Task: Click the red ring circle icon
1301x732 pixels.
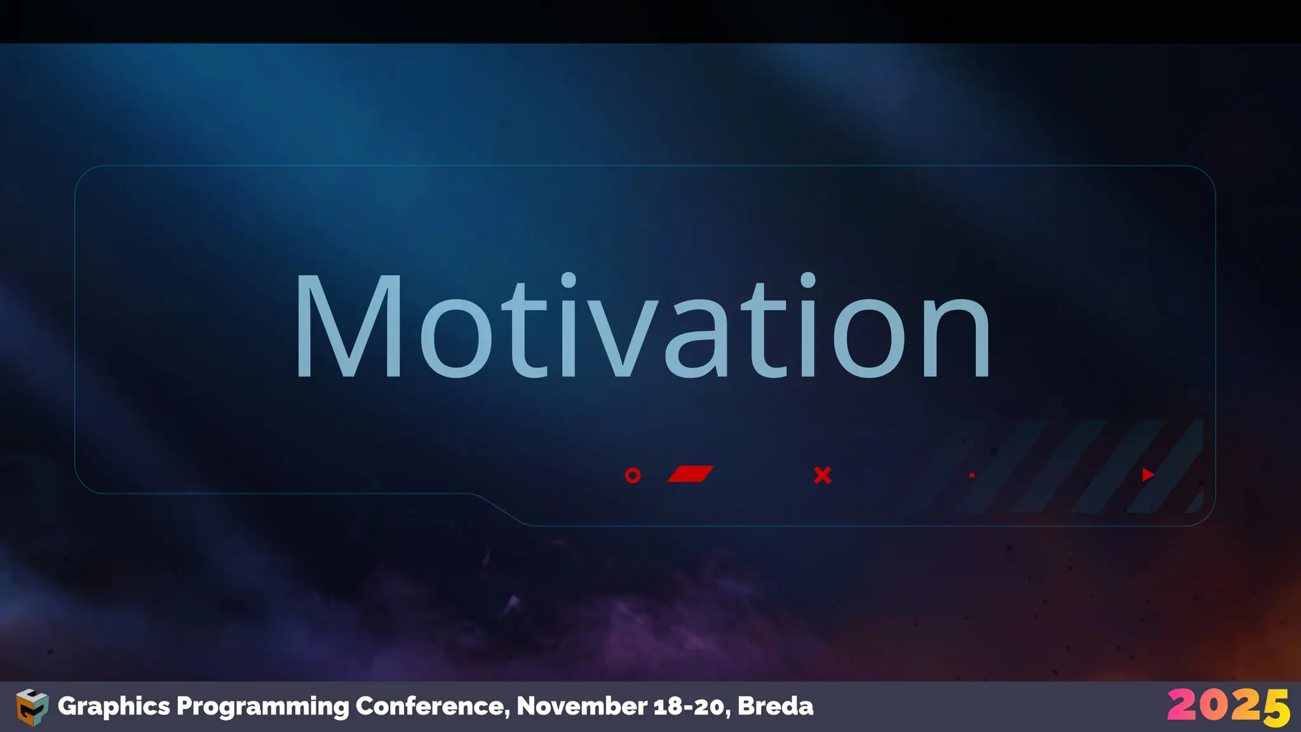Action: (x=633, y=475)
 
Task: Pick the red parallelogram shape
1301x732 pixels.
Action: (x=691, y=474)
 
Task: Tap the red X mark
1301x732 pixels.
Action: (x=823, y=475)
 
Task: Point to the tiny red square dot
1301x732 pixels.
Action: (x=972, y=475)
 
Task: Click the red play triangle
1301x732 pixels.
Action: (x=1147, y=475)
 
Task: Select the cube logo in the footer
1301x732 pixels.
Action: (x=32, y=707)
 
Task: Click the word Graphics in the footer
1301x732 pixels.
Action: (x=114, y=707)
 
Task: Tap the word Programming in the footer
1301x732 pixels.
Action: (x=262, y=707)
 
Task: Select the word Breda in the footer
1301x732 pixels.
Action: (x=776, y=707)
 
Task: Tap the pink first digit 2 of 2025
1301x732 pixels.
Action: (x=1182, y=705)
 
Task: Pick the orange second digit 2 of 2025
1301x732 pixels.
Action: (x=1243, y=705)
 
